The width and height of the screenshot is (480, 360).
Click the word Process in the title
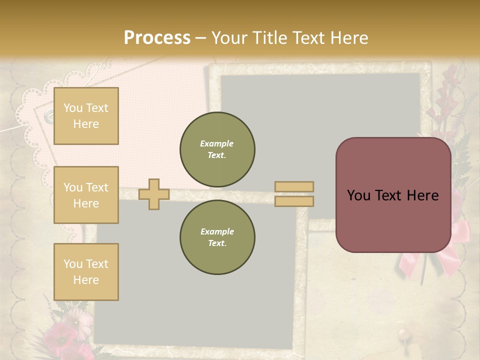157,37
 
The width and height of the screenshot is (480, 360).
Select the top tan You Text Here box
86,116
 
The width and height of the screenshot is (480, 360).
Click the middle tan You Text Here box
86,195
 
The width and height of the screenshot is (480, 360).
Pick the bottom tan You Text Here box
86,272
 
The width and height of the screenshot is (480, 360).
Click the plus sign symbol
154,194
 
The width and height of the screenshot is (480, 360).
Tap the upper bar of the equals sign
294,186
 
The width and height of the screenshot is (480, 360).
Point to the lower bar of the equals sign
294,201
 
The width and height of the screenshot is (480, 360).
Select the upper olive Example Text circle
217,149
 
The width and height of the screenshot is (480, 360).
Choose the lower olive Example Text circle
217,237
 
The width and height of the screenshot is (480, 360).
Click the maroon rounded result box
393,195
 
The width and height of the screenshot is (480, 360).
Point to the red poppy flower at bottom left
62,333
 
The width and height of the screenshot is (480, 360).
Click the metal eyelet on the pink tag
49,116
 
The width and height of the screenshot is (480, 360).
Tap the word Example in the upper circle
217,143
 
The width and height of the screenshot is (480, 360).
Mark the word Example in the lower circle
217,231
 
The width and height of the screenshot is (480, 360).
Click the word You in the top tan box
73,108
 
